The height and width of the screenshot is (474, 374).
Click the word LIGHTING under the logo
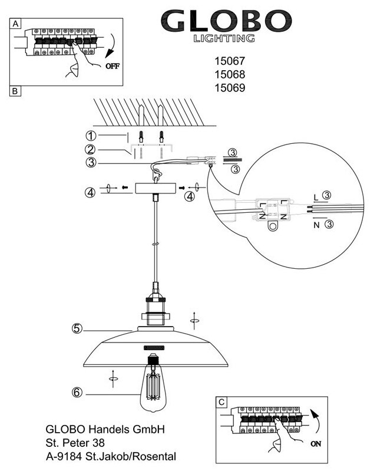click(x=224, y=39)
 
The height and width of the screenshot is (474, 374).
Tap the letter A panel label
click(x=16, y=24)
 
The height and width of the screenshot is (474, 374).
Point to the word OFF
click(x=112, y=67)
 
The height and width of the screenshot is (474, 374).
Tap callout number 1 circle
click(x=91, y=136)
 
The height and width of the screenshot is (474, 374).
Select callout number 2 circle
click(x=90, y=149)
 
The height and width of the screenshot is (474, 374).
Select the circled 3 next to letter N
click(x=330, y=224)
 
